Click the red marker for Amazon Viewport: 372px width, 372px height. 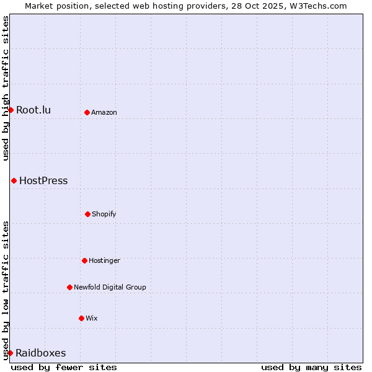tap(87, 112)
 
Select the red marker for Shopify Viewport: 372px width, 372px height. tap(87, 214)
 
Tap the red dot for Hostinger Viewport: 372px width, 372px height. tap(84, 260)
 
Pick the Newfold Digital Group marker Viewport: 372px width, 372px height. tap(69, 287)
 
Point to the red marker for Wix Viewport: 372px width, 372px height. tap(81, 318)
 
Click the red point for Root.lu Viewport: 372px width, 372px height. tap(11, 110)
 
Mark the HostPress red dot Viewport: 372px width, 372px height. tap(14, 180)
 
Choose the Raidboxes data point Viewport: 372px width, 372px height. tap(10, 353)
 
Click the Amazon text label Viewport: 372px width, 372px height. tap(104, 113)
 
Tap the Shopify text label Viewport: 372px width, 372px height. tap(104, 215)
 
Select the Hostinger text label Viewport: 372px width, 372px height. tap(104, 261)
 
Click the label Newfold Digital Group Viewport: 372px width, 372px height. tap(110, 288)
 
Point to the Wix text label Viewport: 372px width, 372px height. tap(92, 319)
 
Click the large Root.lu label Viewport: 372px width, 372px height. tap(33, 110)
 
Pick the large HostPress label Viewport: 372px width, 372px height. tap(43, 181)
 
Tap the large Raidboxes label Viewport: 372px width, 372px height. tap(41, 353)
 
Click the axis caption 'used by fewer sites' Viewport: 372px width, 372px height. tap(64, 367)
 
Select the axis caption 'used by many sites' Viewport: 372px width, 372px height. tap(311, 367)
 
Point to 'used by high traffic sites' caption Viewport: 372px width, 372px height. tap(6, 88)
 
